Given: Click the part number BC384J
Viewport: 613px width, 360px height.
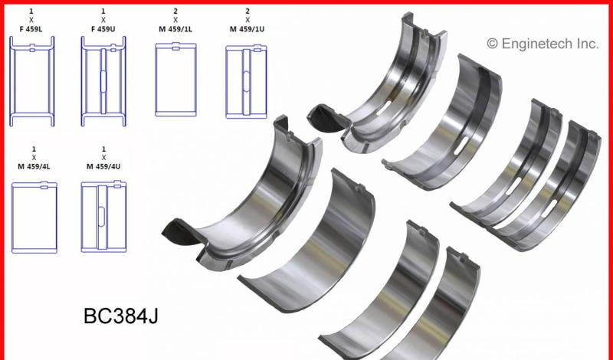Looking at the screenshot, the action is point(121,316).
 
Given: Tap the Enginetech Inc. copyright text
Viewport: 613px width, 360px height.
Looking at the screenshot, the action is point(543,44).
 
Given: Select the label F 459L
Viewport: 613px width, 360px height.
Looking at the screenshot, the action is point(31,29).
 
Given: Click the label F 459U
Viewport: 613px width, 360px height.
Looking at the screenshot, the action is point(103,29).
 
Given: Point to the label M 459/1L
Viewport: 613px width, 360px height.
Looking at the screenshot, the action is point(175,29).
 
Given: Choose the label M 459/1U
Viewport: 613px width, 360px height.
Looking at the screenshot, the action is point(247,29).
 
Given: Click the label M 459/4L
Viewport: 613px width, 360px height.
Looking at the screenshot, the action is point(34,166).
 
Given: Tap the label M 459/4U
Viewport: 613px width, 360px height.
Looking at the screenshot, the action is point(103,166).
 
